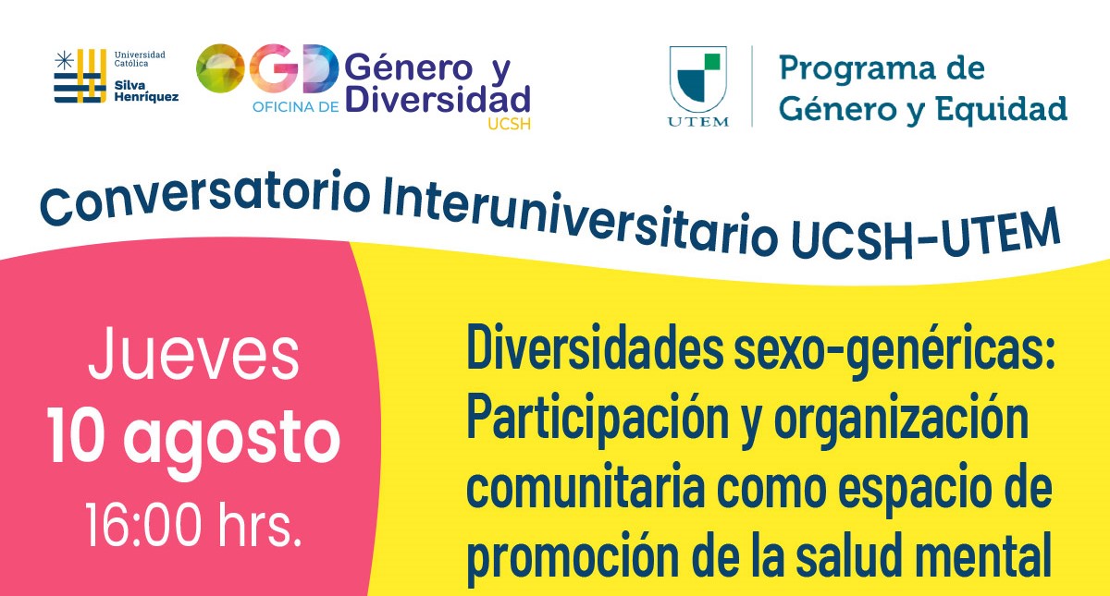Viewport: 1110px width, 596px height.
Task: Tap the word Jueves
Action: point(193,354)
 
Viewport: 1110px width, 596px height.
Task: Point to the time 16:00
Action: point(144,525)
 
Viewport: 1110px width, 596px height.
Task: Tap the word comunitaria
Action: point(586,488)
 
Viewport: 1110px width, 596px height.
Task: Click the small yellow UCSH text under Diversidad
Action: point(509,123)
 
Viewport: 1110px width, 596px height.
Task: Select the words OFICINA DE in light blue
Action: point(295,107)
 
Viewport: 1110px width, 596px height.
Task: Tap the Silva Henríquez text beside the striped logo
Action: point(146,91)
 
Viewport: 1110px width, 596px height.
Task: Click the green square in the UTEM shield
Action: point(712,61)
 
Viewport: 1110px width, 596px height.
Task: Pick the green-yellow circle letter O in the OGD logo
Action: point(220,68)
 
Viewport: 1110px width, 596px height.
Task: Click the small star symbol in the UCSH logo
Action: point(64,60)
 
